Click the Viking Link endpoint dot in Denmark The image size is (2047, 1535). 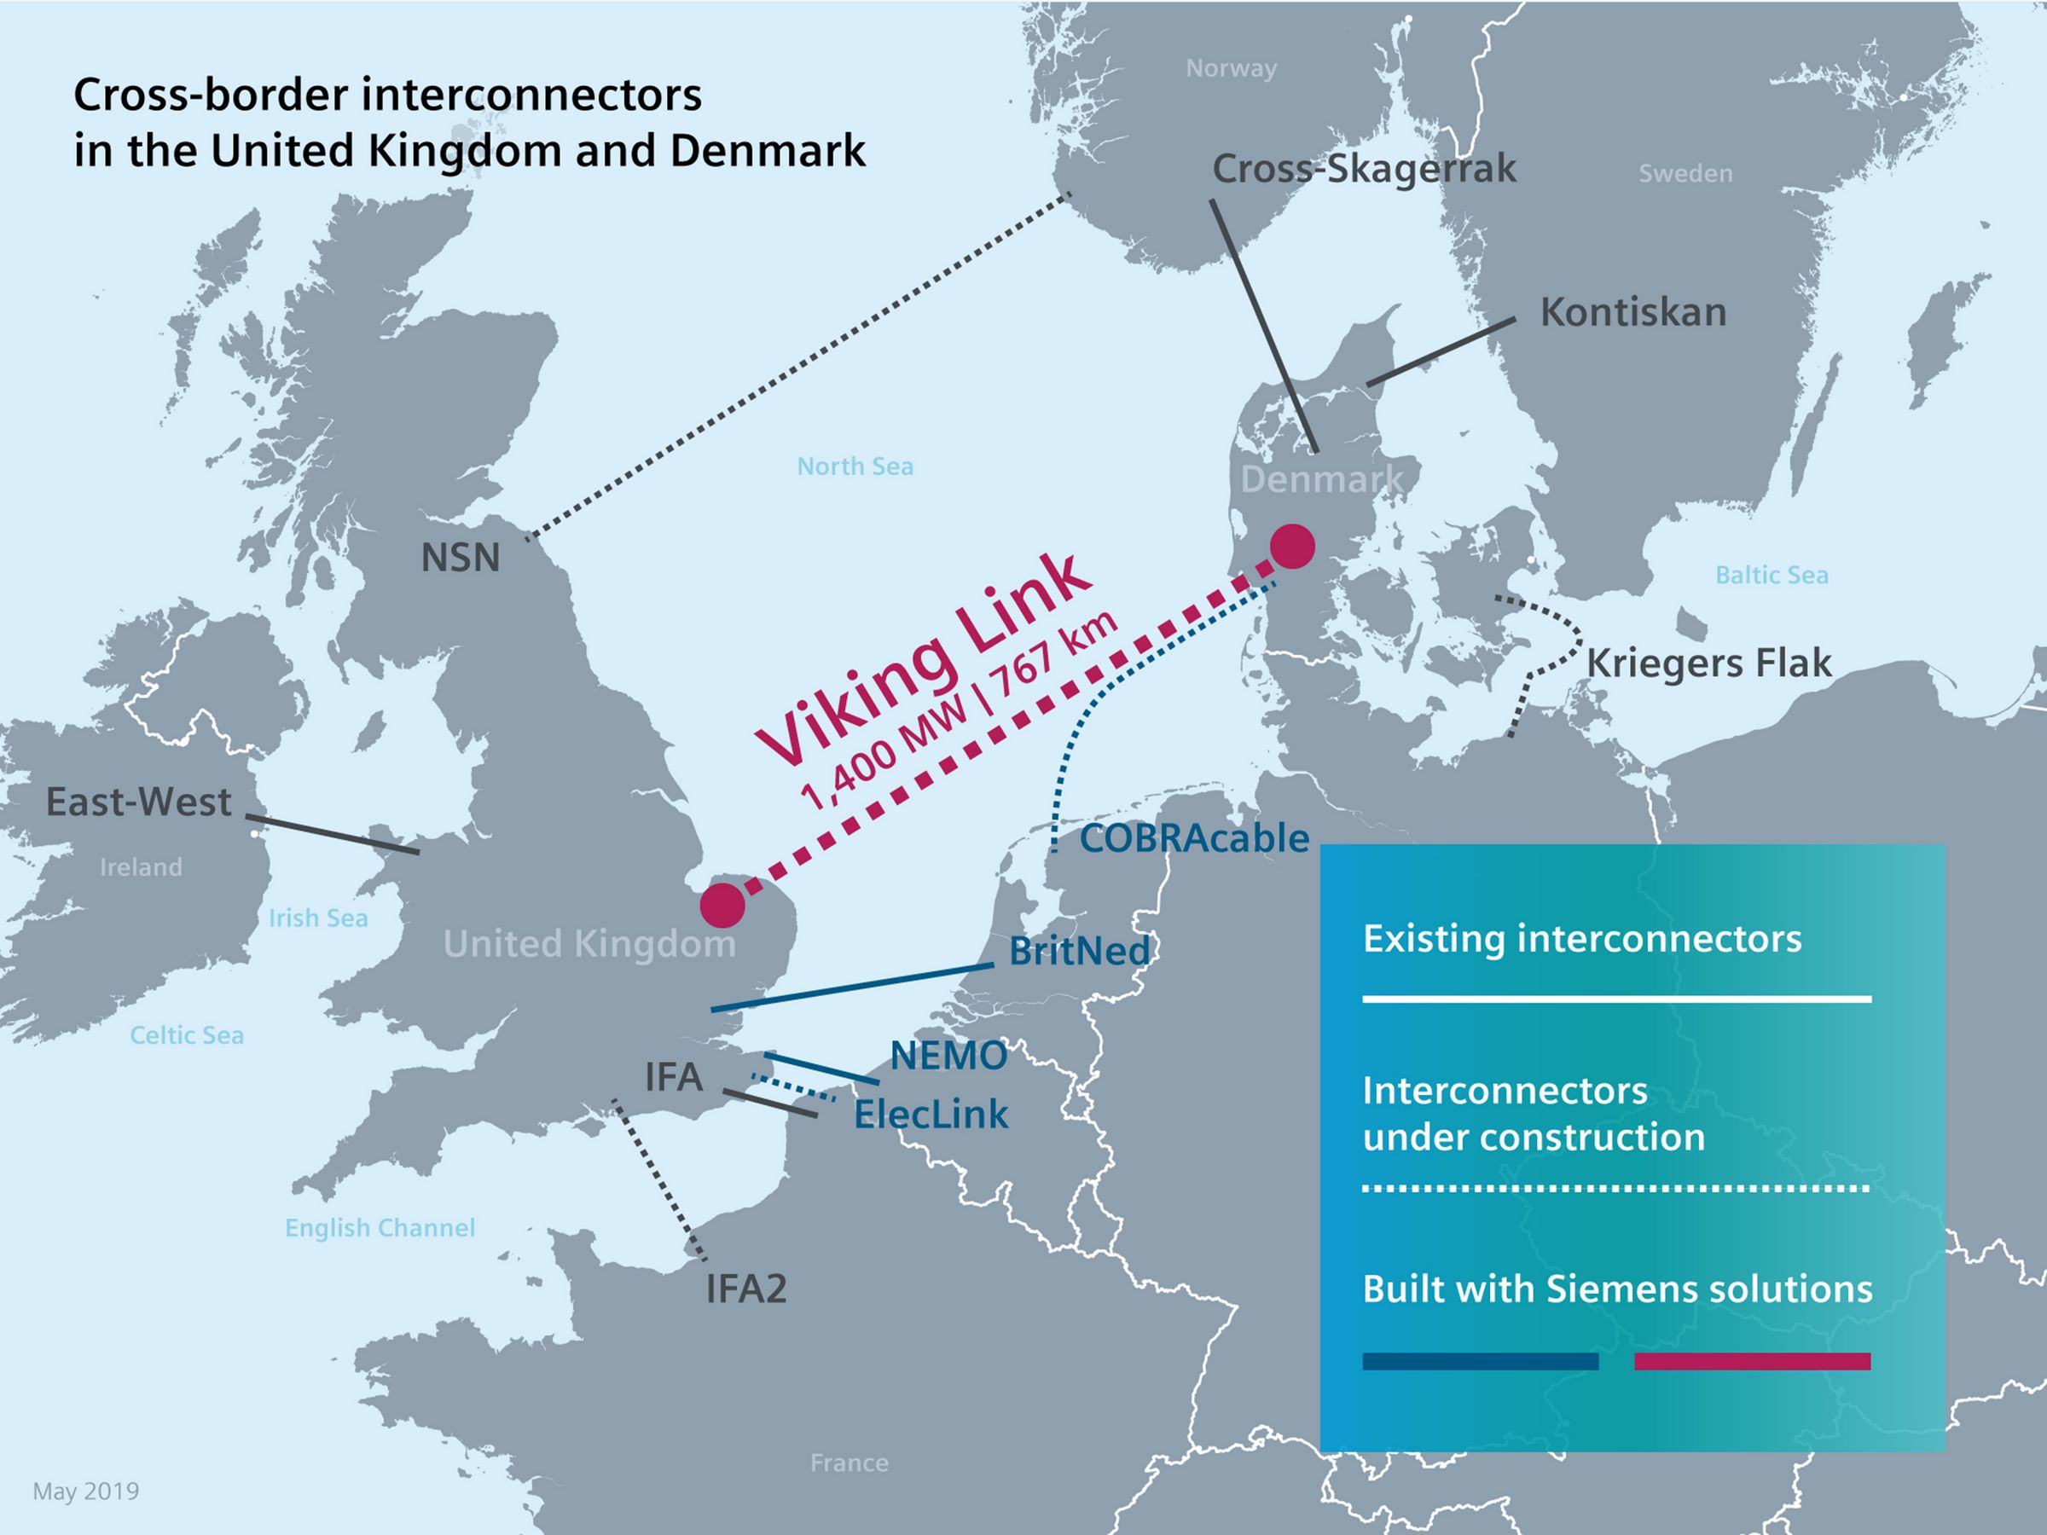tap(1293, 547)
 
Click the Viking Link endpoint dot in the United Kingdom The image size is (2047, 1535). tap(722, 905)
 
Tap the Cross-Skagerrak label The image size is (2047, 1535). tap(1364, 168)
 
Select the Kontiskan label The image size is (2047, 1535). tap(1633, 313)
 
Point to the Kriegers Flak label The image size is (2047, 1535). tap(1708, 663)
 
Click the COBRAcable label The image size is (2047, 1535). tap(1194, 838)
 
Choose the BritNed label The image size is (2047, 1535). tap(1079, 950)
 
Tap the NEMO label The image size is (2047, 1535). tap(948, 1056)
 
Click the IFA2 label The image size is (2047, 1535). tap(746, 1289)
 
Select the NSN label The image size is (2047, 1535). tap(460, 558)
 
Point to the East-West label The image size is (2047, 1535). tap(139, 802)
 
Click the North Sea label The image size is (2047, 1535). tap(855, 466)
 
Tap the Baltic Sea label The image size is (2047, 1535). tap(1772, 576)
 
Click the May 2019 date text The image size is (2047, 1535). tap(86, 1492)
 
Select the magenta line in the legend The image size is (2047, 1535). tap(1752, 1361)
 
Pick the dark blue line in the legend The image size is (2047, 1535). tap(1480, 1361)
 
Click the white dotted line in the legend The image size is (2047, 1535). tap(1615, 1188)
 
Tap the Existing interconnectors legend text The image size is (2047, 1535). tap(1581, 939)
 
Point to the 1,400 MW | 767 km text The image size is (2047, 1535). tap(958, 712)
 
